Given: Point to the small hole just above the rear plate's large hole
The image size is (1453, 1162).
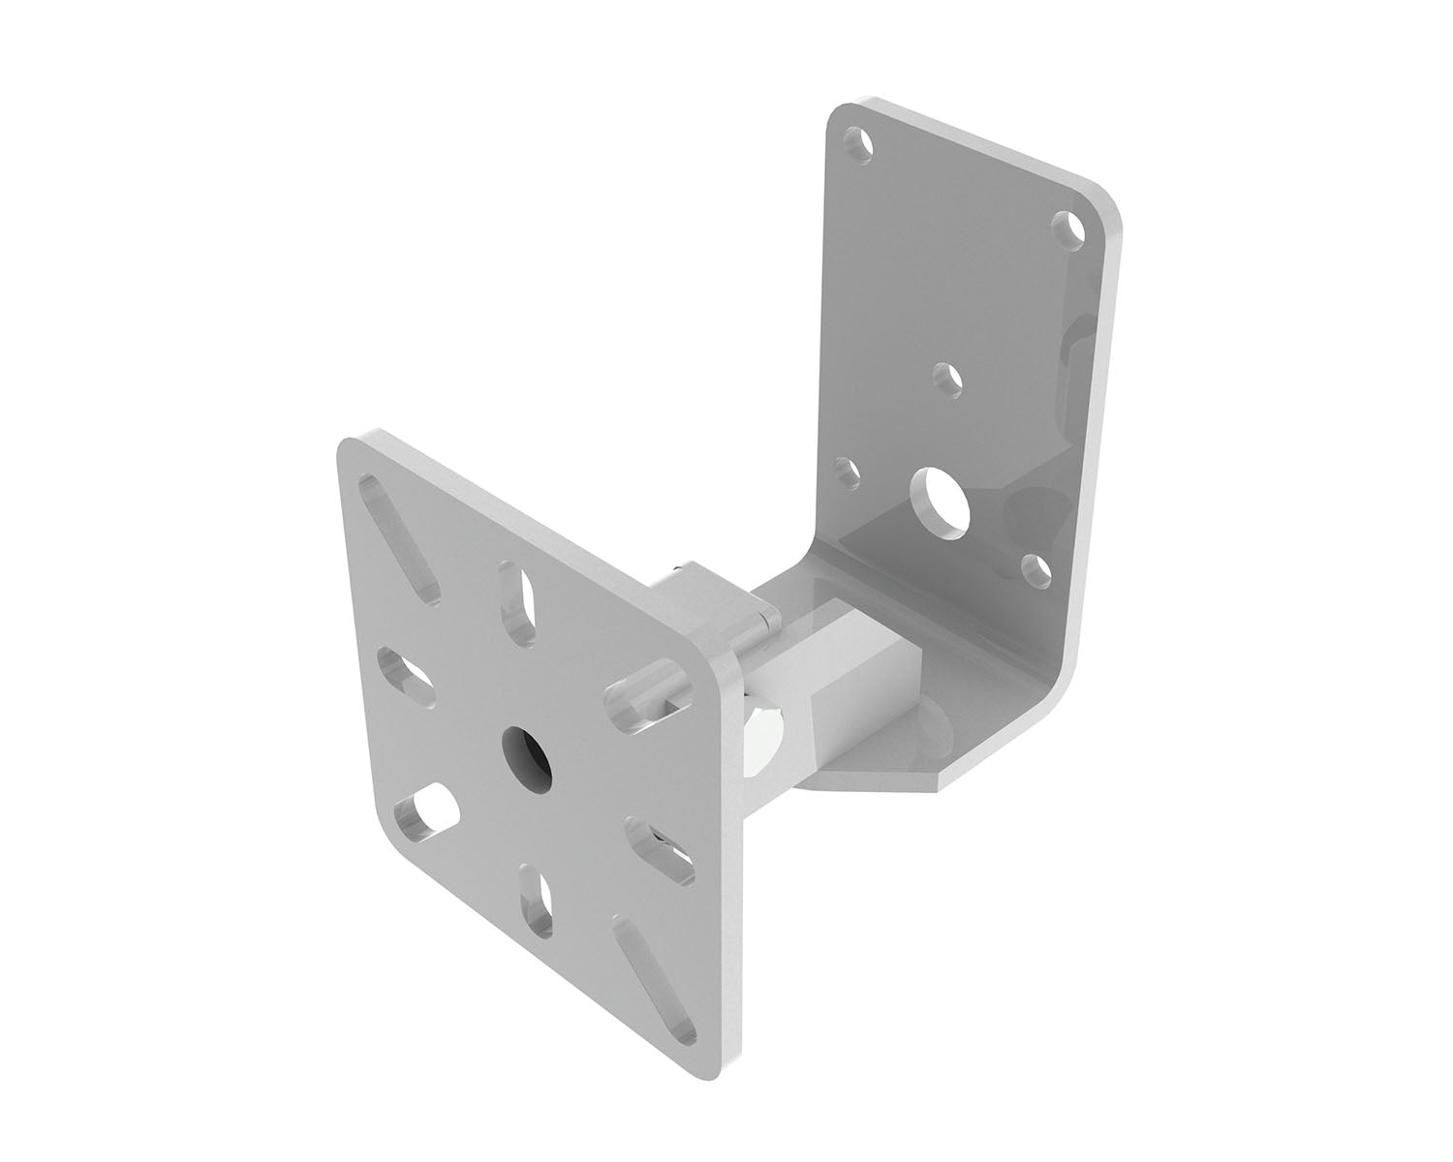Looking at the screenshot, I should tap(945, 377).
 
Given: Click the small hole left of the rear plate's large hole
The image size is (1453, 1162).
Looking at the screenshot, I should tap(847, 474).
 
